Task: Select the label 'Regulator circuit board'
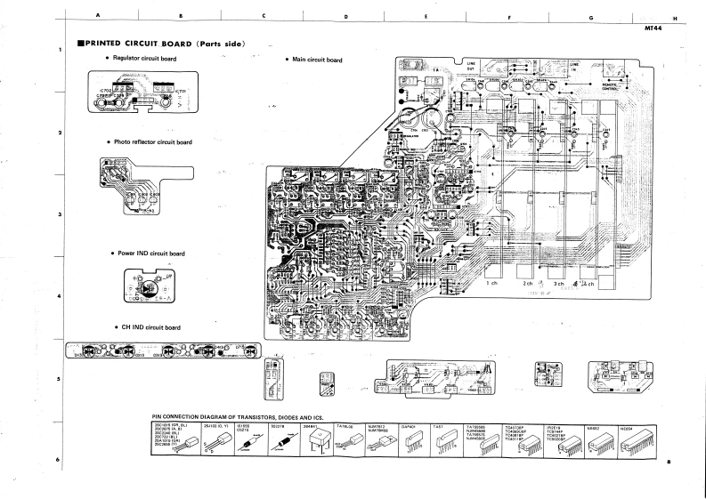pos(145,59)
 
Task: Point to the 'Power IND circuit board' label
pos(151,254)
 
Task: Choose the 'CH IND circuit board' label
pos(149,327)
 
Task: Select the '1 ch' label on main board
pos(493,284)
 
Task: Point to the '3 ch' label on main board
pos(559,285)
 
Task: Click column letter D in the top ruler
pos(345,17)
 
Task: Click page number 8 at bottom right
pos(668,461)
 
